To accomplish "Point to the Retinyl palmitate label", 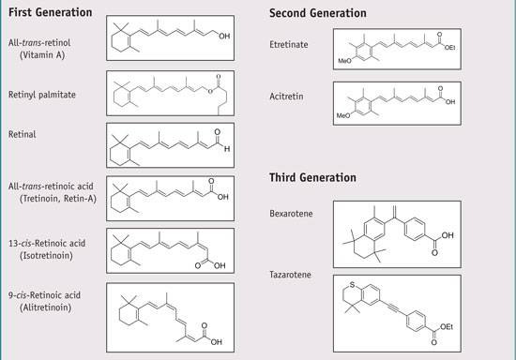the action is [x=50, y=93].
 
